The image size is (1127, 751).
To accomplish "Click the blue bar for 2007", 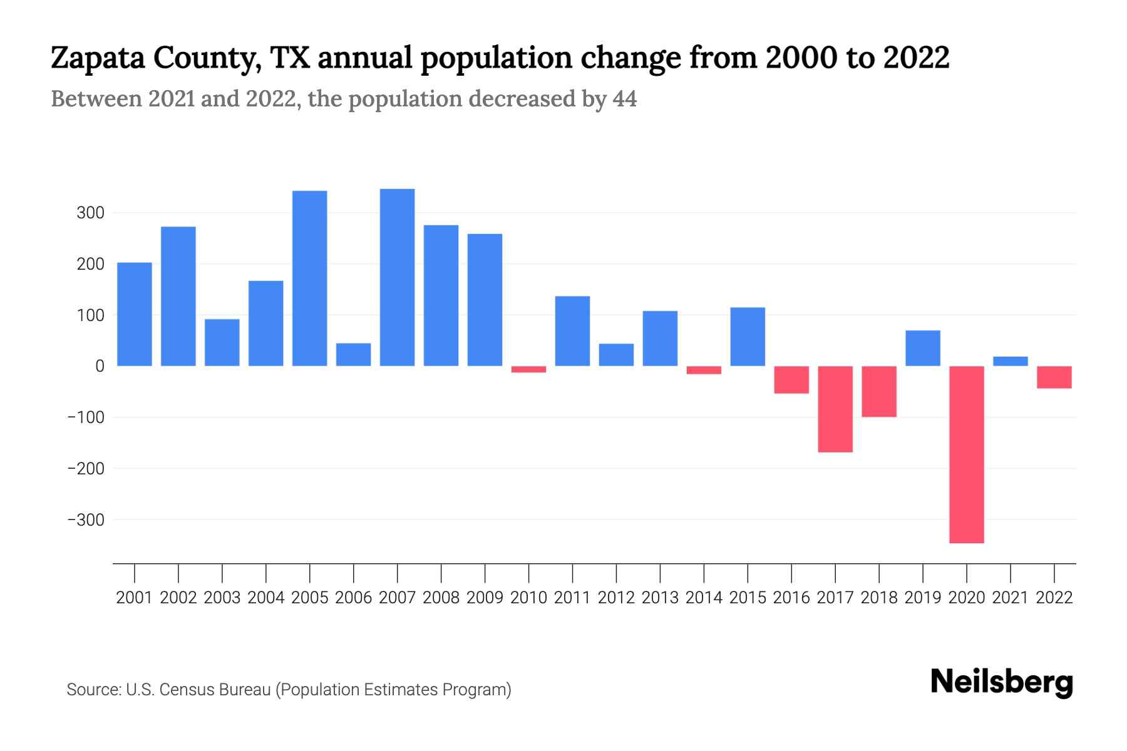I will click(x=397, y=277).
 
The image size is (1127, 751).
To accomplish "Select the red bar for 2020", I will click(x=966, y=454).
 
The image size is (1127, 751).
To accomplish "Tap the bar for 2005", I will click(x=309, y=278).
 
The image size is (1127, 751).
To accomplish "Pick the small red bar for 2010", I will click(x=528, y=369).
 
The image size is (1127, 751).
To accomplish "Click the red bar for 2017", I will click(x=835, y=409).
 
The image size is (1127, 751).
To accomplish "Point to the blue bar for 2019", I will click(x=922, y=348).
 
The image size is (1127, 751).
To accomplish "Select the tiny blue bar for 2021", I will click(x=1010, y=361).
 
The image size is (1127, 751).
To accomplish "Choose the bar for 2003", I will click(x=222, y=342).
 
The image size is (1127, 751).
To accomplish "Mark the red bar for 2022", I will click(x=1054, y=377).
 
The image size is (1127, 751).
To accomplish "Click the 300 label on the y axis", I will click(x=90, y=213).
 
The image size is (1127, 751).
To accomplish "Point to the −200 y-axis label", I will click(x=86, y=468).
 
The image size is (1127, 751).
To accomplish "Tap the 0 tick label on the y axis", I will click(x=100, y=366).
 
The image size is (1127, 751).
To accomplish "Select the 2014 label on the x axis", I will click(x=704, y=598).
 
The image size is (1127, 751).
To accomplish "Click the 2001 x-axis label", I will click(x=135, y=598).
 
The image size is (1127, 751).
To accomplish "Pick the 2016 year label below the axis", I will click(x=791, y=598).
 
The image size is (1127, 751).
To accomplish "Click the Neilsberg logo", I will click(x=1001, y=683).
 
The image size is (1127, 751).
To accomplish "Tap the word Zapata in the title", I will click(x=97, y=58).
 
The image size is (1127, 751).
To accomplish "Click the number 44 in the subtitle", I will click(x=624, y=99).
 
